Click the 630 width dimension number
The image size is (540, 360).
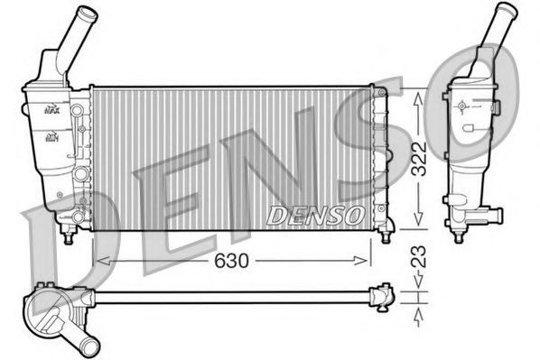233,260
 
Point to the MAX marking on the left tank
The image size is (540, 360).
51,109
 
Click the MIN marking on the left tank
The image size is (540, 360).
51,138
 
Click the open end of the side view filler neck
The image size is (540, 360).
504,10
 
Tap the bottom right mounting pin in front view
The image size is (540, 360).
386,236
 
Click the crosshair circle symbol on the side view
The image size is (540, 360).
462,106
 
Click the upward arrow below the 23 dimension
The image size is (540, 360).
416,310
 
